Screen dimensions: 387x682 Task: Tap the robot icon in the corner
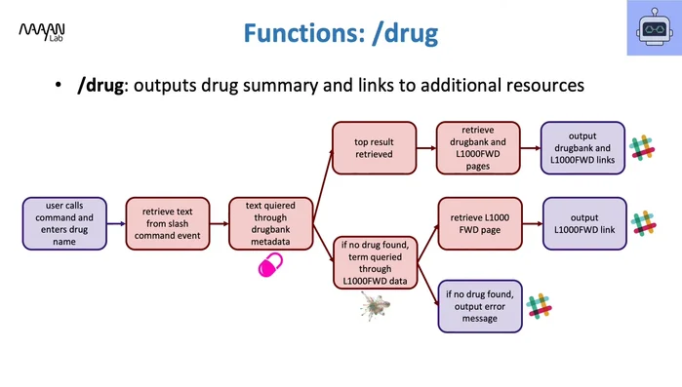tap(648, 32)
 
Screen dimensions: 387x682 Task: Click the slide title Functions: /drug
tap(341, 34)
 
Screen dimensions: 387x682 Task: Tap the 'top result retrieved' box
tap(374, 147)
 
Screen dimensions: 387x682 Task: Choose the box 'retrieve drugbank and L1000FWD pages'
tap(477, 147)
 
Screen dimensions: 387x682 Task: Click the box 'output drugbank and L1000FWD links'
tap(582, 147)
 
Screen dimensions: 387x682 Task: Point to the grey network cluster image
tap(376, 309)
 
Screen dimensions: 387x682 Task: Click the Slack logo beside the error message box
tap(539, 306)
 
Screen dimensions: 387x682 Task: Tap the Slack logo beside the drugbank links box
tap(641, 147)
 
